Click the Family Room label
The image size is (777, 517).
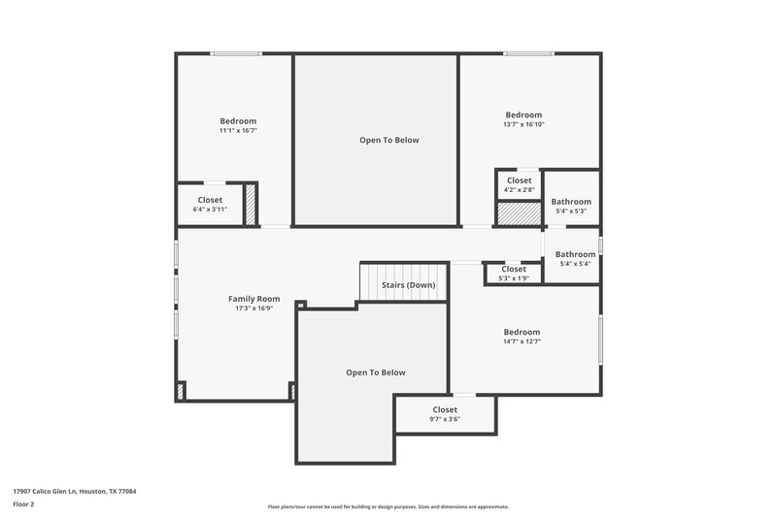pos(253,299)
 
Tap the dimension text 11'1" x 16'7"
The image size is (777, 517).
pos(238,130)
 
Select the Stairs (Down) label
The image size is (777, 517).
pos(408,285)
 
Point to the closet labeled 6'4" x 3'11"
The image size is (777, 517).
pos(210,204)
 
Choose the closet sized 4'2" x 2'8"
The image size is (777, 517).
pos(519,184)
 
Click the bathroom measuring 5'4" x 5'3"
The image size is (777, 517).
pos(571,206)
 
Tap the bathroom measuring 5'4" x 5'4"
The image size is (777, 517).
pos(573,258)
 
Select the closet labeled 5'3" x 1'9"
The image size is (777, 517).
pos(513,274)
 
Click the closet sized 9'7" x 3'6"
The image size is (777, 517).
pos(445,414)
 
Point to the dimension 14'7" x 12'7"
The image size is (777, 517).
pos(522,341)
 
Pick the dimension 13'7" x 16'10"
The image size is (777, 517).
pos(524,124)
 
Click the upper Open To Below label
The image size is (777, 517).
pos(388,141)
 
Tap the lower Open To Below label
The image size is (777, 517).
pos(376,372)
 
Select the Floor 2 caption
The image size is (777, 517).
pos(24,504)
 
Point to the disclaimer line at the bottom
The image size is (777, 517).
pos(388,506)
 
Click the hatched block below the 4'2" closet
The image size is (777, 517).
pos(518,212)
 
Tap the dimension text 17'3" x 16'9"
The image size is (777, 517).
pos(253,308)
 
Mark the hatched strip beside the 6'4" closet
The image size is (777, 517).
pos(250,205)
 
